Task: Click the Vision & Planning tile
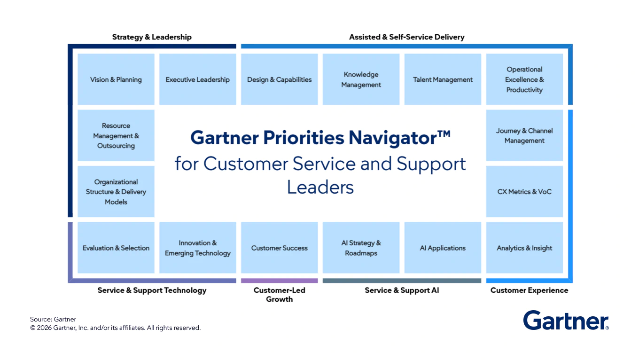[x=116, y=79]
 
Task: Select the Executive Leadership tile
[x=197, y=79]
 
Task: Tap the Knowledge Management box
[x=361, y=79]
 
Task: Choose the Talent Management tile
[x=443, y=79]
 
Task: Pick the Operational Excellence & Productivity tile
[x=524, y=79]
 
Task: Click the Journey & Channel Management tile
[x=524, y=135]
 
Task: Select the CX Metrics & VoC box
[x=524, y=191]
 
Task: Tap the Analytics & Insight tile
[x=524, y=248]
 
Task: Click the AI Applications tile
[x=443, y=248]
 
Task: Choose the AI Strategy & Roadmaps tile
[x=361, y=248]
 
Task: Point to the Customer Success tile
[x=279, y=248]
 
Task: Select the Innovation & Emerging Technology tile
[x=197, y=248]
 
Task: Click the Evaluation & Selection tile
[x=116, y=248]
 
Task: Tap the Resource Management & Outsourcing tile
[x=116, y=135]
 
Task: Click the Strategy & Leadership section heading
[x=152, y=37]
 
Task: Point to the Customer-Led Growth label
[x=279, y=295]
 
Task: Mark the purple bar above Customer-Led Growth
[x=279, y=281]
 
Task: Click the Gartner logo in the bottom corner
[x=566, y=321]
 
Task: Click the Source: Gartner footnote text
[x=53, y=319]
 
